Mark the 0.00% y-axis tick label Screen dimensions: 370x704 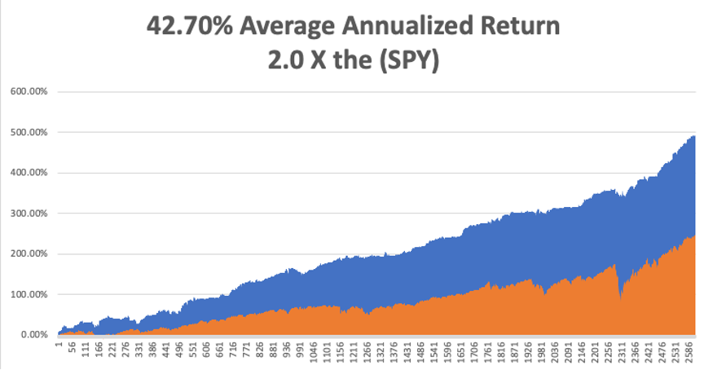(33, 335)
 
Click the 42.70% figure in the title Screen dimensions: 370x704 (190, 26)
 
